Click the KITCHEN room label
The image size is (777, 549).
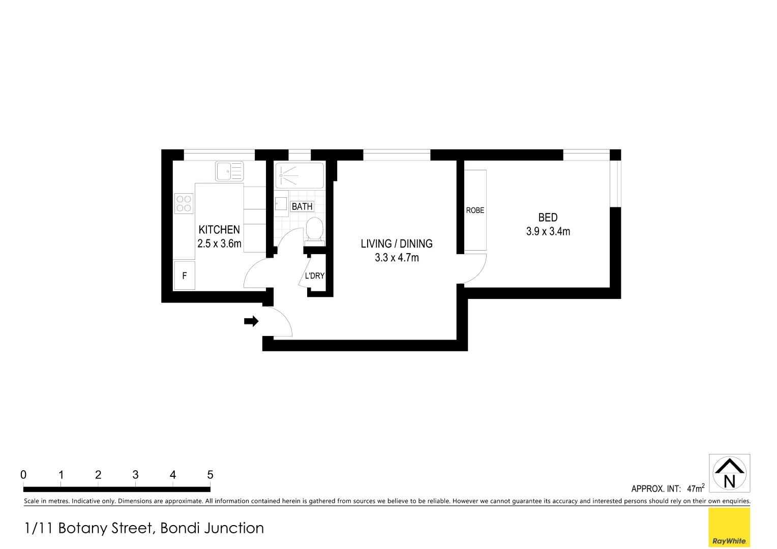tap(219, 230)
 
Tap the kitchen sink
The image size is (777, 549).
tap(229, 171)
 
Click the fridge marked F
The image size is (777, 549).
tap(184, 276)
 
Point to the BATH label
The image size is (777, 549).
tap(302, 206)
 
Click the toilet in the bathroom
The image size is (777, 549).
tap(315, 230)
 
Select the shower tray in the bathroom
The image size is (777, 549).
tap(299, 175)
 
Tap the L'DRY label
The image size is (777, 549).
tap(314, 276)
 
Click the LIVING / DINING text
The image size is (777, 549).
tap(397, 243)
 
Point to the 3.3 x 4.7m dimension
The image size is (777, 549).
tap(397, 258)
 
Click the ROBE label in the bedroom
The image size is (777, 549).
tap(475, 210)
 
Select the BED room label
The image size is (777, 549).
tap(548, 218)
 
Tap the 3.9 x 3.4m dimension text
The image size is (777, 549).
tap(548, 231)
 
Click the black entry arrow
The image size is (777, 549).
tap(251, 321)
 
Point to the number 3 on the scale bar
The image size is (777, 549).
tap(135, 475)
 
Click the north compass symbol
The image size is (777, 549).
tap(729, 473)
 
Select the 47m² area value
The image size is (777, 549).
tap(695, 488)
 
